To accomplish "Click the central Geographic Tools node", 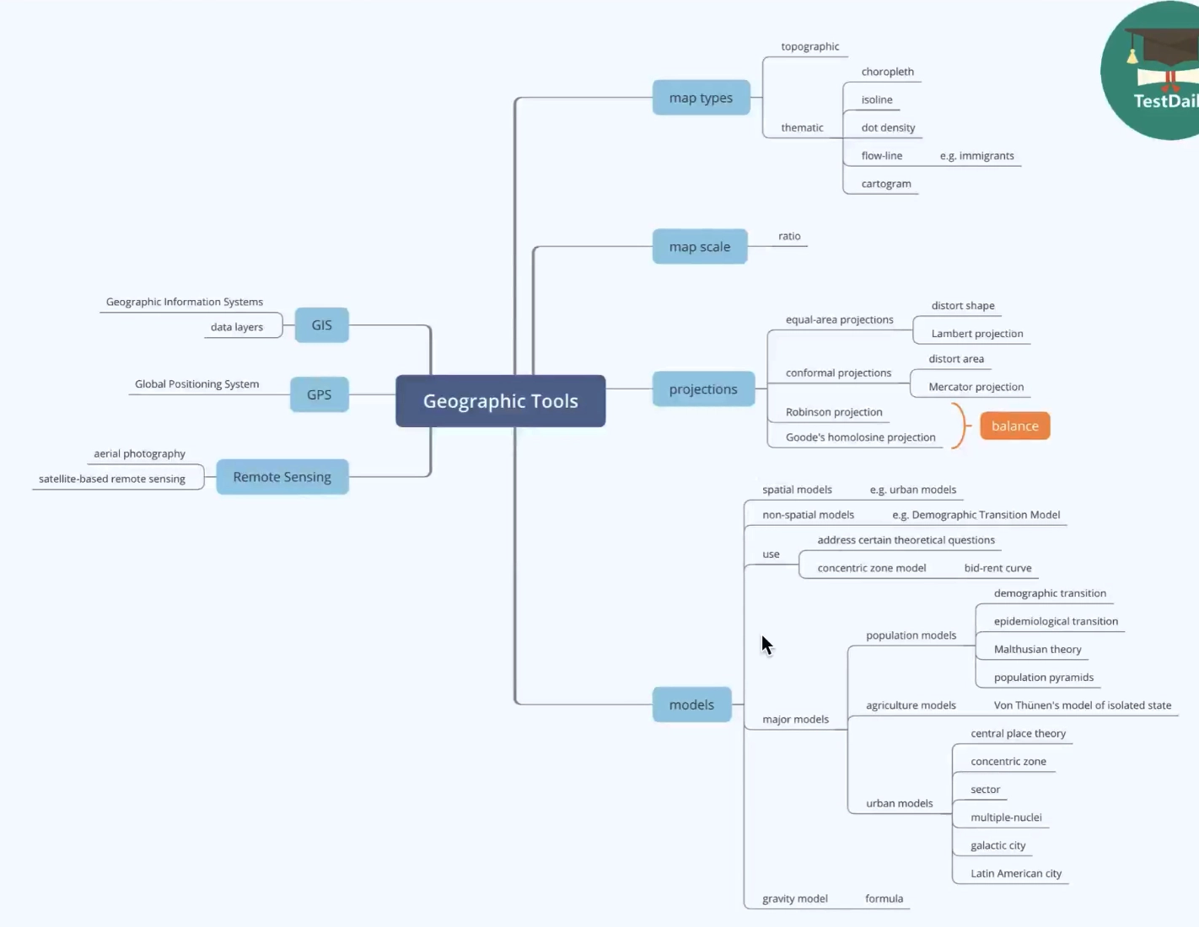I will pos(500,401).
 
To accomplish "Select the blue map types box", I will pos(701,98).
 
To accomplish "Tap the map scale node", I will pos(700,247).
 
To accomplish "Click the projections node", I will pos(703,389).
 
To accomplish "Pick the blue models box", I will pos(691,705).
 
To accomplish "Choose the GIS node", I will pos(321,325).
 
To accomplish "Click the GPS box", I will pos(319,394).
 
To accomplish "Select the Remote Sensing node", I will pos(282,477).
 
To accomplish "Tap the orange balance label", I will pos(1014,426).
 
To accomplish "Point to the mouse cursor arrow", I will pos(766,645).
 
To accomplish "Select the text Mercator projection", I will pos(976,387).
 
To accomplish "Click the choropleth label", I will pos(887,72).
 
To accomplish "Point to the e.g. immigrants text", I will pos(976,156).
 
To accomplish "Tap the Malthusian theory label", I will pos(1037,650).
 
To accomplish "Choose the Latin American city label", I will pos(1015,874).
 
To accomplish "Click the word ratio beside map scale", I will pos(789,236).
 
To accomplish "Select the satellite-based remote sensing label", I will pos(112,479).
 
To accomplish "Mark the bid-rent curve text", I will pos(997,568).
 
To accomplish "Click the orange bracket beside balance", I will pos(959,426).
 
